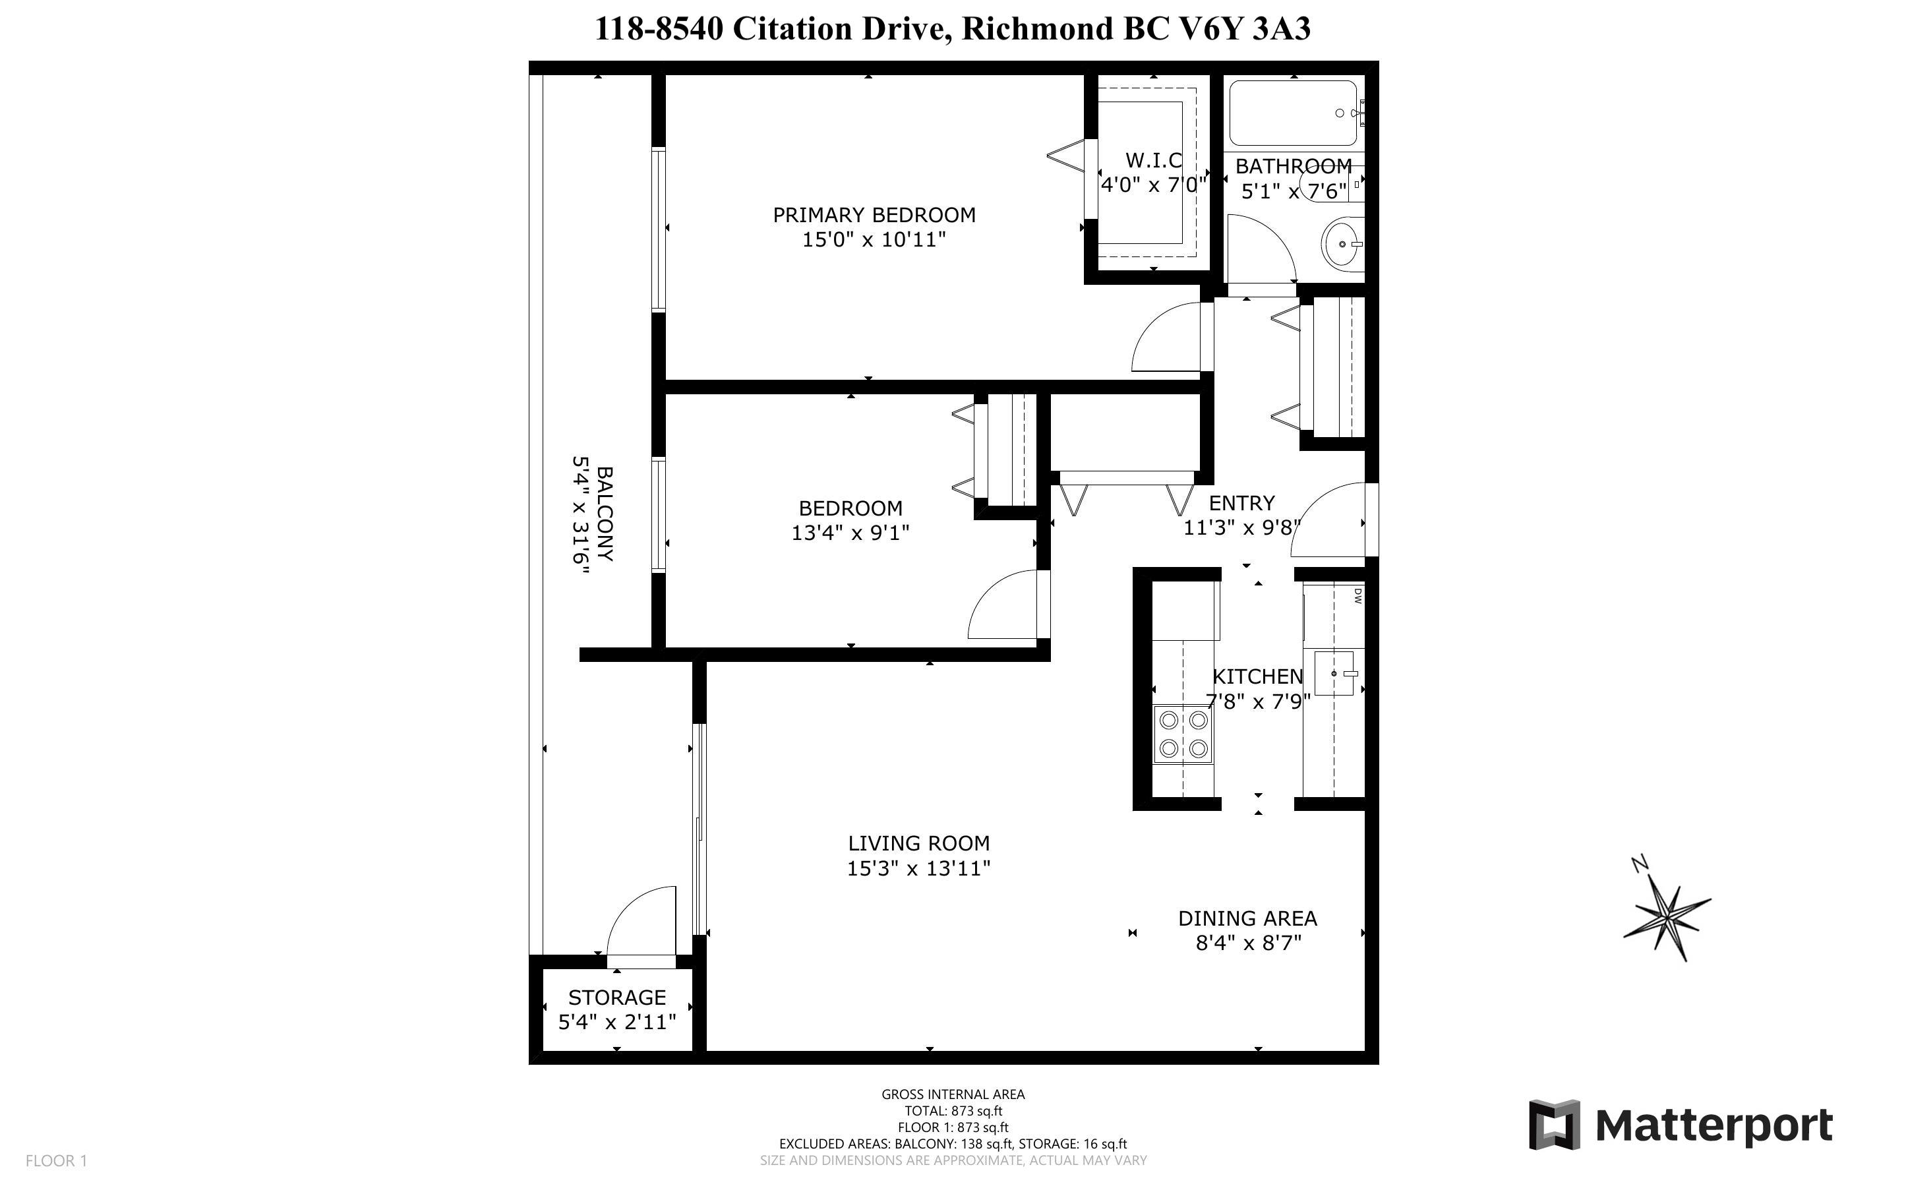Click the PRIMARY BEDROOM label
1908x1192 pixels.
click(x=874, y=214)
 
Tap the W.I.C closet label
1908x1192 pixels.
click(x=1154, y=161)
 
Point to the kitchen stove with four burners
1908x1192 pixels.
click(x=1183, y=734)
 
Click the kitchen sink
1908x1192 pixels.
click(x=1334, y=673)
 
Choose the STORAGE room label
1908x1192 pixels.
click(x=617, y=998)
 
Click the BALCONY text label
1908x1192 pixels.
click(x=605, y=513)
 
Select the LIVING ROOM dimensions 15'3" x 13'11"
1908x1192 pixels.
click(x=918, y=868)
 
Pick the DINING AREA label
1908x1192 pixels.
click(x=1247, y=918)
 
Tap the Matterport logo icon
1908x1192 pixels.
click(x=1554, y=1125)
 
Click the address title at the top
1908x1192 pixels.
click(x=953, y=28)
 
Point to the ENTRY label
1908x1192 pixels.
click(x=1241, y=502)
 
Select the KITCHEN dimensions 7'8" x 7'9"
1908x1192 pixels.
click(x=1258, y=701)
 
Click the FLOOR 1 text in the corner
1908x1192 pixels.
click(x=56, y=1160)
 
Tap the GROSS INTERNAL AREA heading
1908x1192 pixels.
click(x=953, y=1094)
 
